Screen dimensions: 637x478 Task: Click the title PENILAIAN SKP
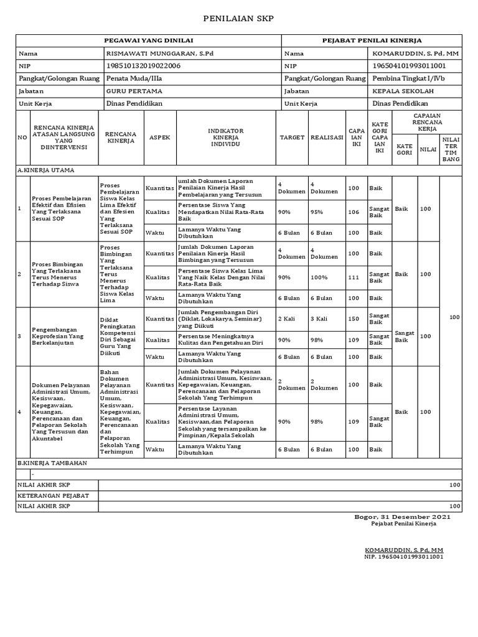pyautogui.click(x=239, y=19)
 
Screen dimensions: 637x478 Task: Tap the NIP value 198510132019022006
pyautogui.click(x=144, y=66)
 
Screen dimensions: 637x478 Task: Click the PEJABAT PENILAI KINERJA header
pyautogui.click(x=372, y=40)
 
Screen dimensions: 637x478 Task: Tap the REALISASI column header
pyautogui.click(x=327, y=137)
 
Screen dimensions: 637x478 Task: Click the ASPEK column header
pyautogui.click(x=160, y=137)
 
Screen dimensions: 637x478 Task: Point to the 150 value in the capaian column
pyautogui.click(x=354, y=319)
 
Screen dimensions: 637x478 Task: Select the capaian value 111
pyautogui.click(x=354, y=277)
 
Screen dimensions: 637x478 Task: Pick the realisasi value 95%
pyautogui.click(x=317, y=212)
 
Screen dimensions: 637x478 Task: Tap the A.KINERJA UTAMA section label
pyautogui.click(x=42, y=169)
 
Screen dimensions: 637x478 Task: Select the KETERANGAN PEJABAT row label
pyautogui.click(x=54, y=496)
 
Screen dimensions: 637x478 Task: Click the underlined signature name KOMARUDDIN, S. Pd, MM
pyautogui.click(x=403, y=551)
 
